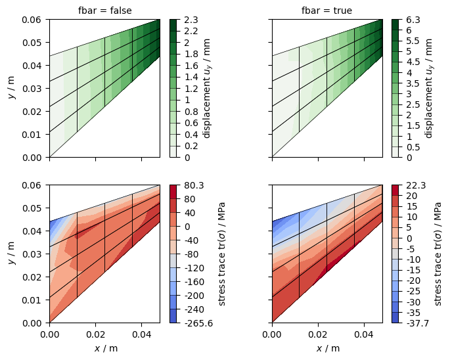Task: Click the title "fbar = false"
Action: pyautogui.click(x=104, y=11)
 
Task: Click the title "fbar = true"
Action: pyautogui.click(x=326, y=11)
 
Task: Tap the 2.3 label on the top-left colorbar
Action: pyautogui.click(x=191, y=20)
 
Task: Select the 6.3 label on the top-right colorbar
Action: pyautogui.click(x=413, y=20)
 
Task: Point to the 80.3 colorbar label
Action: pyautogui.click(x=194, y=185)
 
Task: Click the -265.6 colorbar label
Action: pyautogui.click(x=198, y=323)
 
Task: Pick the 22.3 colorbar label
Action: pyautogui.click(x=416, y=185)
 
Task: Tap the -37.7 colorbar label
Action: pyautogui.click(x=418, y=323)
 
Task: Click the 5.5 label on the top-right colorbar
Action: pyautogui.click(x=413, y=41)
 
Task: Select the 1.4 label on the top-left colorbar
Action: pyautogui.click(x=191, y=77)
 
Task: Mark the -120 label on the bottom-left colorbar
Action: pyautogui.click(x=194, y=268)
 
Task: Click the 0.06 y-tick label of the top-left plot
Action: pyautogui.click(x=32, y=20)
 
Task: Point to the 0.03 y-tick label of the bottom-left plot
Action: pyautogui.click(x=32, y=254)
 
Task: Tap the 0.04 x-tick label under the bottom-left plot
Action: pyautogui.click(x=141, y=335)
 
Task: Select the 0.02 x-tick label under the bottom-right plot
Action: pyautogui.click(x=318, y=335)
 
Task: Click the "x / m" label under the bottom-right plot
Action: pyautogui.click(x=328, y=348)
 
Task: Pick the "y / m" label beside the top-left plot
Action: pyautogui.click(x=12, y=88)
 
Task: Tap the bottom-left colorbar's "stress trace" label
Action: pyautogui.click(x=221, y=254)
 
